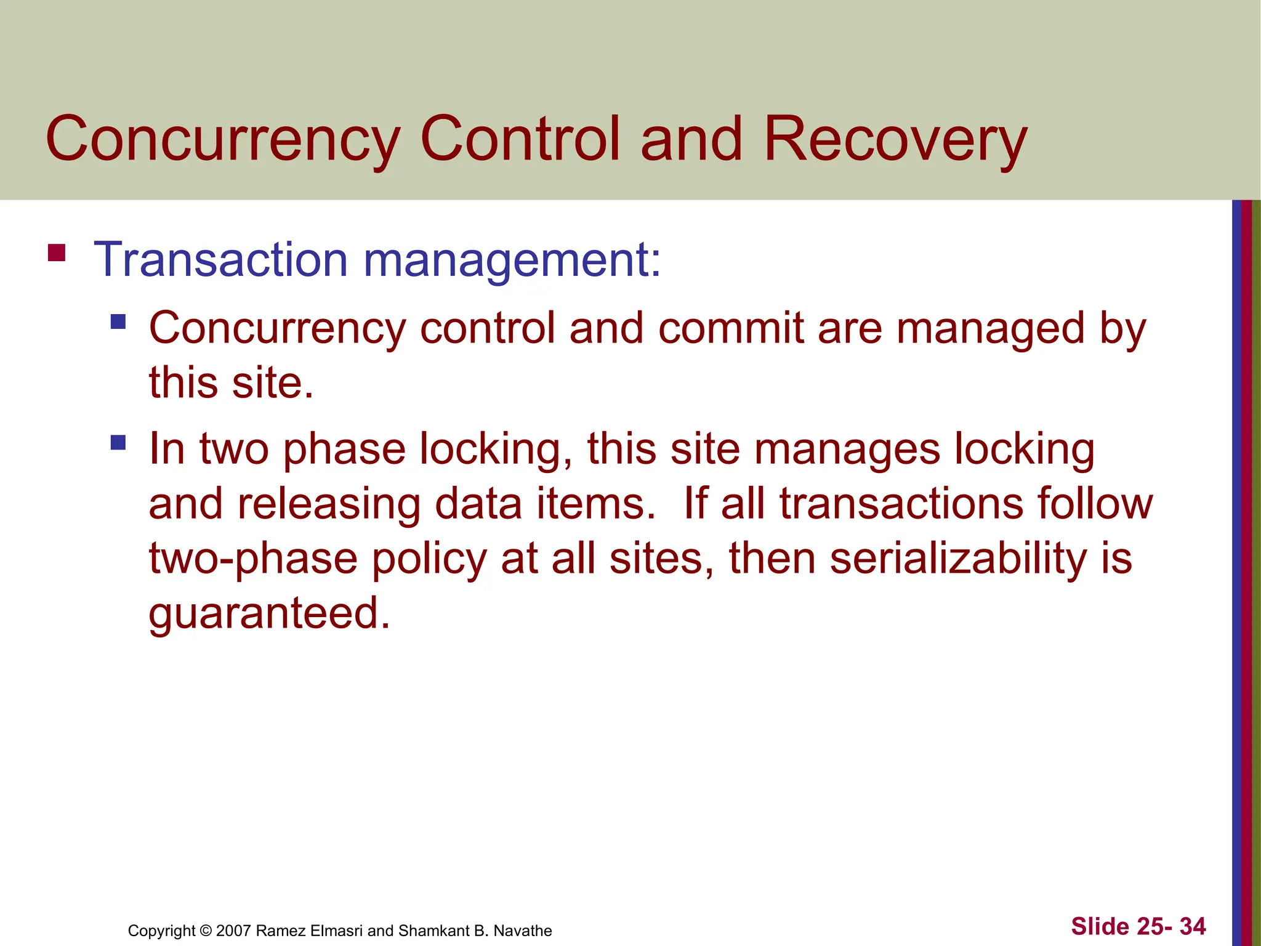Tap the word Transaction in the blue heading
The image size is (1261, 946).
220,260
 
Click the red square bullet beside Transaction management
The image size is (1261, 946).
57,253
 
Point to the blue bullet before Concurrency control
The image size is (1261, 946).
118,321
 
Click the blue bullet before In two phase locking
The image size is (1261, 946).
118,442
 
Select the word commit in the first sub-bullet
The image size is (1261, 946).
731,328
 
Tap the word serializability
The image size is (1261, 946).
959,559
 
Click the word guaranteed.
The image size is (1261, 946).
269,614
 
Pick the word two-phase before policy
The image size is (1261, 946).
253,559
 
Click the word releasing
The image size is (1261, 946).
329,504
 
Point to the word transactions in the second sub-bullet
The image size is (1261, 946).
901,504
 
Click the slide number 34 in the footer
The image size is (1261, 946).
1193,926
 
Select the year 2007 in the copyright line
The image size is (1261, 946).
233,931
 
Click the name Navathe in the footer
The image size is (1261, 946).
522,931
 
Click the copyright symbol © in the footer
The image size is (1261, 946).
206,931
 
